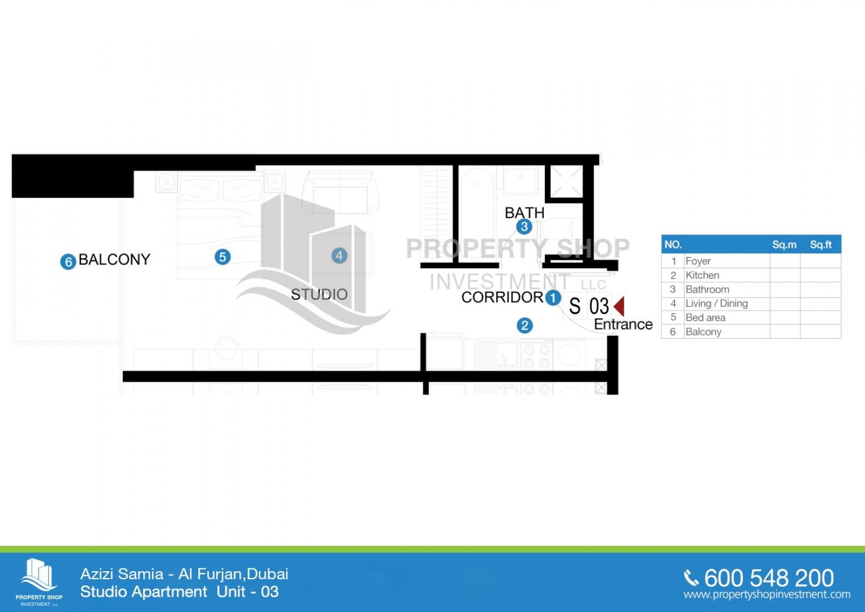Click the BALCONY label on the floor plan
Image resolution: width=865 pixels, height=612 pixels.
pos(114,260)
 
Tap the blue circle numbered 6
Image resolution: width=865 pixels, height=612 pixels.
pos(68,262)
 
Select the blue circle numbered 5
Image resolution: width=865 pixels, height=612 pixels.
pos(222,257)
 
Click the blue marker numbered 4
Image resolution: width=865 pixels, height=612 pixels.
pos(339,256)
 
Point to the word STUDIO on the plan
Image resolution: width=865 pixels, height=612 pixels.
pos(319,294)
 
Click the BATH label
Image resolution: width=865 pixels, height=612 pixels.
pos(524,212)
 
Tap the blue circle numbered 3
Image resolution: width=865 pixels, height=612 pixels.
pos(524,227)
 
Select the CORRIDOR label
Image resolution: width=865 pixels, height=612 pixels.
pos(502,297)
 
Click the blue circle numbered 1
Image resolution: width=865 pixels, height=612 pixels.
pos(553,297)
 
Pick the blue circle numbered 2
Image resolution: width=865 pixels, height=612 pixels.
pos(524,325)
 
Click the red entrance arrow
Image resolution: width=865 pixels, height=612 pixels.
pos(619,306)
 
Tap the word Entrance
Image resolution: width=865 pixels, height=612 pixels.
pos(623,324)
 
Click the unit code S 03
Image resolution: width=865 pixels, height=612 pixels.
pos(589,306)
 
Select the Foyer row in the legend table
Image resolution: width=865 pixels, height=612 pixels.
pos(698,261)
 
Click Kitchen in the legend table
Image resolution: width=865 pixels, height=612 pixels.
pos(702,275)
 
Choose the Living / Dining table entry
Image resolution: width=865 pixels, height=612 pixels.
pos(716,304)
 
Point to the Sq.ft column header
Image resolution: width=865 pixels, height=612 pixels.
pos(820,245)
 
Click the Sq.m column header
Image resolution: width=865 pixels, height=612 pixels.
pos(784,245)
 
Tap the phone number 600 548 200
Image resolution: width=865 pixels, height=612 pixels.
pos(768,578)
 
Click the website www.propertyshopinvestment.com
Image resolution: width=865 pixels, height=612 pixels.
pos(766,594)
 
